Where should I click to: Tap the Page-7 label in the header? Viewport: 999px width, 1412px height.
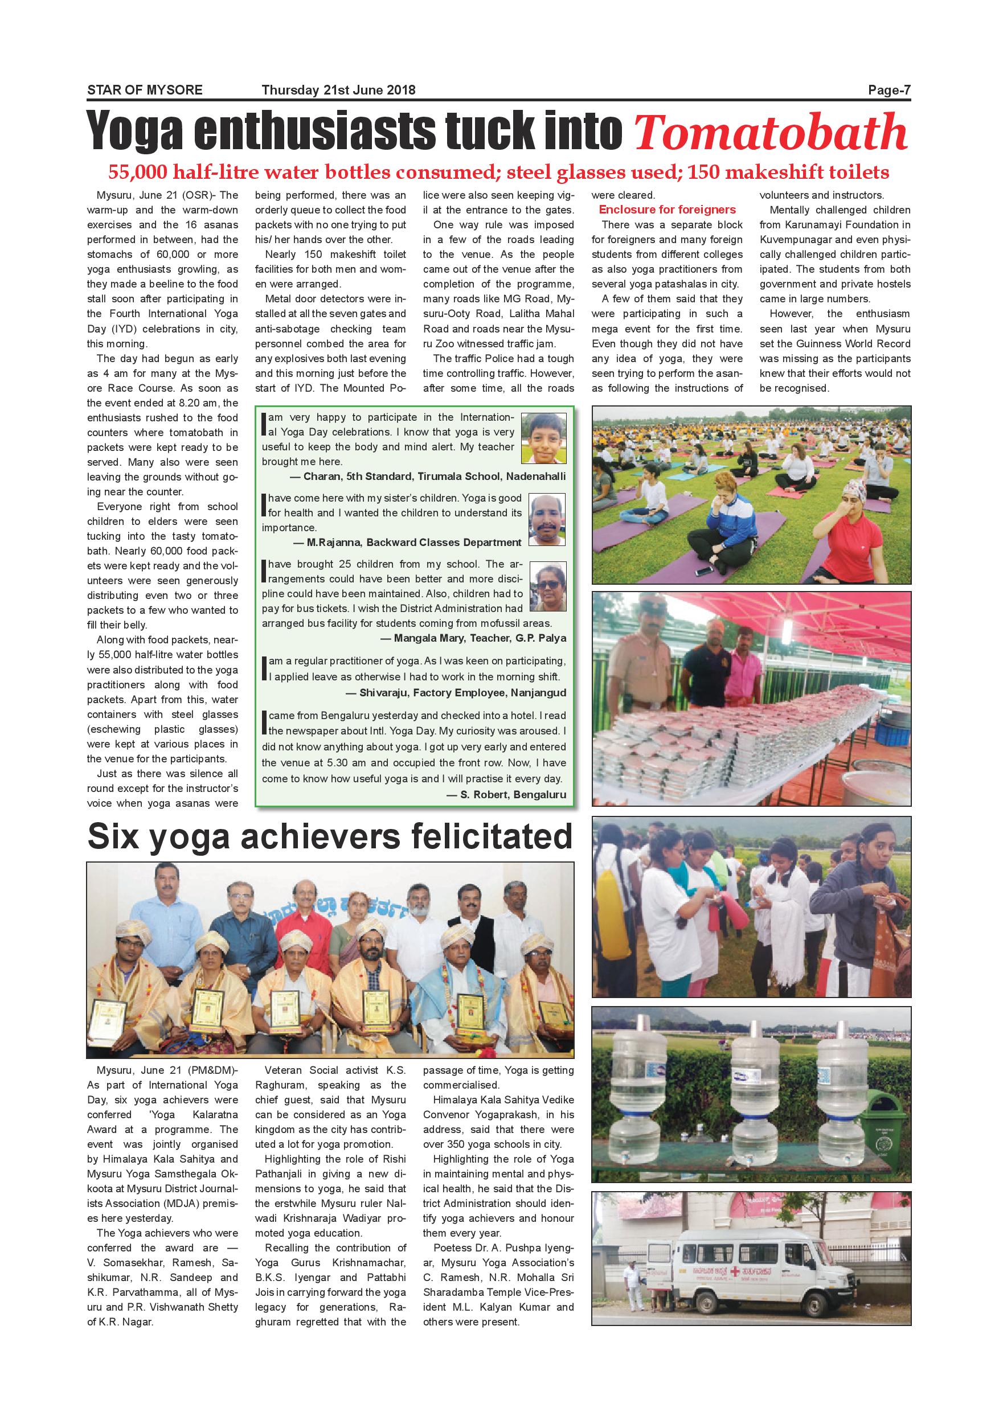(x=889, y=91)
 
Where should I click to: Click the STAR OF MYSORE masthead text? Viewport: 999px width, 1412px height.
(x=145, y=91)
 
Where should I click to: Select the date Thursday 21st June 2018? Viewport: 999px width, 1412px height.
(x=338, y=91)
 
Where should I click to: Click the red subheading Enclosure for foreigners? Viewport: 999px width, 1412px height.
(x=667, y=210)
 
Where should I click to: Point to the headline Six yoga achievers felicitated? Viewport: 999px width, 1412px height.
(x=330, y=836)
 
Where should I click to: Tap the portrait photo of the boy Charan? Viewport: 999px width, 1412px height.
(x=543, y=438)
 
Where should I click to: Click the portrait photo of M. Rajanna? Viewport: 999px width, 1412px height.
(x=546, y=520)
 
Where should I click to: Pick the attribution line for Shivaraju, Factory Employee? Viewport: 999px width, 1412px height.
(x=456, y=692)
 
